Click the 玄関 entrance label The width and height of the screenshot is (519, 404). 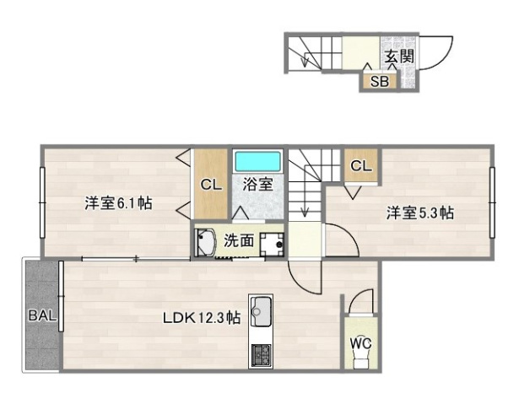pos(400,57)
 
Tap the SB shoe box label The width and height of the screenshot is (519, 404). pos(379,82)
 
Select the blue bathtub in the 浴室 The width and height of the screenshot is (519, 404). pos(258,160)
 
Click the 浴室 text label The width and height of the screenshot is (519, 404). pos(257,184)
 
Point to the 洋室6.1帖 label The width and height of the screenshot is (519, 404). pos(118,203)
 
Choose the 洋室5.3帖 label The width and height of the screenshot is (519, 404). pos(420,213)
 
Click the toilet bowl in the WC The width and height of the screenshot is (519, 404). pos(361,361)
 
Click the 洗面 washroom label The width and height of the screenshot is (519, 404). pos(239,240)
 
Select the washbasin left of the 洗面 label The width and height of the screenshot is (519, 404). pos(205,241)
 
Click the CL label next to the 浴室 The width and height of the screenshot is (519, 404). pos(211,185)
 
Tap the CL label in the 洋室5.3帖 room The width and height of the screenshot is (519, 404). pos(360,165)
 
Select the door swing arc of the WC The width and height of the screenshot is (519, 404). pos(362,301)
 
